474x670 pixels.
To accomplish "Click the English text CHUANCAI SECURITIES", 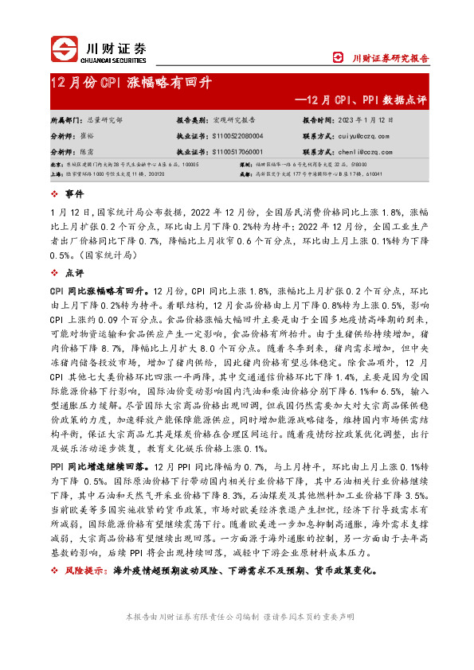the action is click(x=116, y=57).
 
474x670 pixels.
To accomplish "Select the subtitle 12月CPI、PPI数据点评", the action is click(x=361, y=100).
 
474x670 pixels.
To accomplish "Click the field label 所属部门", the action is click(x=66, y=119).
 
